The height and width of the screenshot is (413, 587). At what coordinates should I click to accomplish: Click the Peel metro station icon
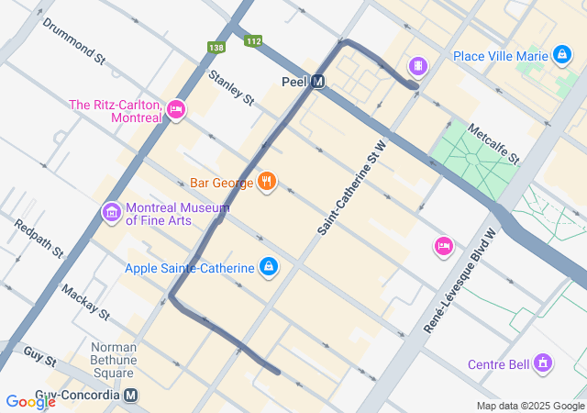coord(318,82)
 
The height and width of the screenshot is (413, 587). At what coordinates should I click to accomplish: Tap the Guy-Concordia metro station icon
coord(131,396)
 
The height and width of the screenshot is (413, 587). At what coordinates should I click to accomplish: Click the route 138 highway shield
coord(216,47)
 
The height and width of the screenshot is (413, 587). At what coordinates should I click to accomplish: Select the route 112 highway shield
coord(253,41)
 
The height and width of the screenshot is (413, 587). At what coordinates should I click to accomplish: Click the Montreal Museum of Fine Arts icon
coord(112,213)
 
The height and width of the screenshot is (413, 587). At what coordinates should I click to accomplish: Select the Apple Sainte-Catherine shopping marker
coord(268,267)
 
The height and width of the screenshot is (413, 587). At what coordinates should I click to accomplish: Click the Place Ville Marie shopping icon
coord(560,56)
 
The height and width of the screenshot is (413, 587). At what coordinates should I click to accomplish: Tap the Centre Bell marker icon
coord(544,364)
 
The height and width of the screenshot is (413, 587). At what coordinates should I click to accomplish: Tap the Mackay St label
coord(85,302)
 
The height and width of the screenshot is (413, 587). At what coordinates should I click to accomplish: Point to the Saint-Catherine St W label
coord(349,188)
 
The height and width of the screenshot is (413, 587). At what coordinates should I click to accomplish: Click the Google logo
coord(30,401)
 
